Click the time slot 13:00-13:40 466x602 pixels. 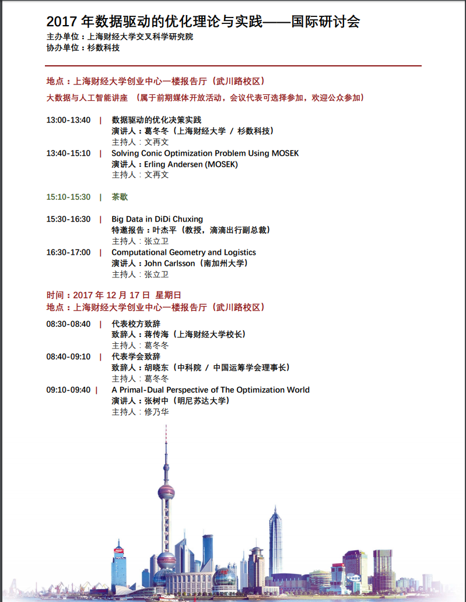68,120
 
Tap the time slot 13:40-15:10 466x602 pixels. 68,153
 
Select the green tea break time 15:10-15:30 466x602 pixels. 68,197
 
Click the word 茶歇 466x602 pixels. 120,197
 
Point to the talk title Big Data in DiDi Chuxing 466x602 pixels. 157,219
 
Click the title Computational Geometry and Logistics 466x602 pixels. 184,252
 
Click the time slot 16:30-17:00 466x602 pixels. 68,252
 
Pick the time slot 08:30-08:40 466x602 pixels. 68,323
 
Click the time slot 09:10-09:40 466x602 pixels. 68,390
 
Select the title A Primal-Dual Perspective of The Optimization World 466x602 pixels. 211,390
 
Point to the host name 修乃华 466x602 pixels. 157,412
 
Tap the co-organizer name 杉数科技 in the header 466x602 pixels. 103,48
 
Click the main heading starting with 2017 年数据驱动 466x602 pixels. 203,22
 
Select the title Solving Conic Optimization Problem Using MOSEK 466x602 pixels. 205,153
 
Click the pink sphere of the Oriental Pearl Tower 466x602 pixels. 166,492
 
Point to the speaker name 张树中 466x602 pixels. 156,401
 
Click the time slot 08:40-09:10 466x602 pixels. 68,357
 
